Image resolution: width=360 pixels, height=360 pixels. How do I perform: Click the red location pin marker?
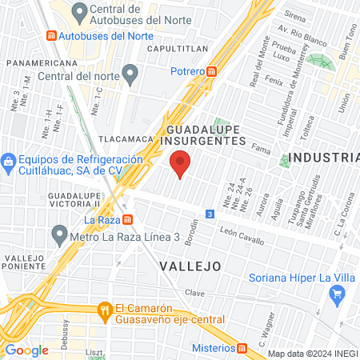pos(181,164)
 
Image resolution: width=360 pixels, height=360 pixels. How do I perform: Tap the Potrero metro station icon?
pos(211,71)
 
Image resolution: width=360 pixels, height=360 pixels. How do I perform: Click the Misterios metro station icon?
pos(241,348)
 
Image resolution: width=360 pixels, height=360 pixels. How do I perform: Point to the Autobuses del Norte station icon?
pos(52,36)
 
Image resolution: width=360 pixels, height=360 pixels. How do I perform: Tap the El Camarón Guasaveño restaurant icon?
pos(104,310)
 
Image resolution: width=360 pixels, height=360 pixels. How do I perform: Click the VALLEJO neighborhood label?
pos(189,265)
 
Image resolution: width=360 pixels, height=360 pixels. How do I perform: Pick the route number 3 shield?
pos(209,214)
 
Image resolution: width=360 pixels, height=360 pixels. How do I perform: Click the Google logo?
pos(27,350)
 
